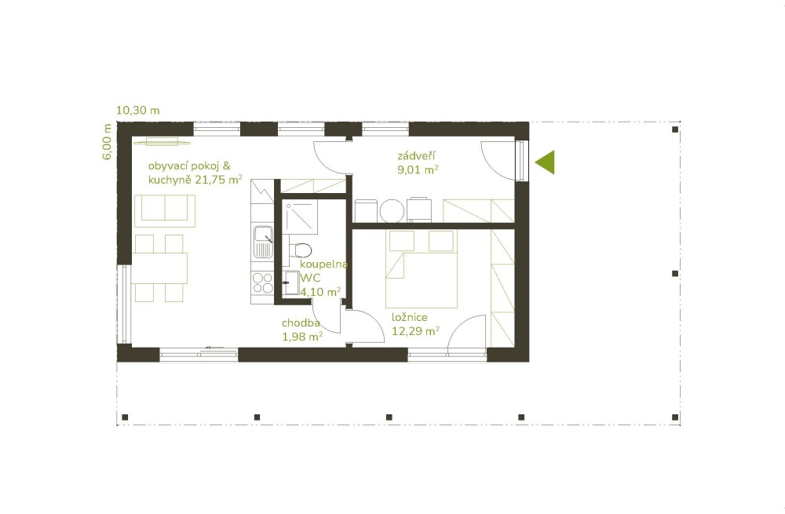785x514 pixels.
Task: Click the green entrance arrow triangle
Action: pos(547,162)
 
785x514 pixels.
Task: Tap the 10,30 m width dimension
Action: pos(137,110)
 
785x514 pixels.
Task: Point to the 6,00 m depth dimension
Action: pos(107,141)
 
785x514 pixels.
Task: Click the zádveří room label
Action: pos(417,155)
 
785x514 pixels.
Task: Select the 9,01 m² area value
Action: pos(418,170)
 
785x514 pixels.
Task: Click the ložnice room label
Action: pos(410,317)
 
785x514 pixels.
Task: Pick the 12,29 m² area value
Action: pos(415,331)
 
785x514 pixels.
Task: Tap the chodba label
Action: pos(301,323)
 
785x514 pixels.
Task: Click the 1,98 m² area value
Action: pos(302,337)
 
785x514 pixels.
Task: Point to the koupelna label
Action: pos(323,264)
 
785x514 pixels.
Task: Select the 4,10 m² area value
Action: pos(320,291)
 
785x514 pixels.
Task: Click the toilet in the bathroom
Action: pos(301,250)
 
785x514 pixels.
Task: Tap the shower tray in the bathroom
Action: pos(299,217)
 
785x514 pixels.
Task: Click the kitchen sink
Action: pos(263,242)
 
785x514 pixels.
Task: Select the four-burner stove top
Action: pos(262,283)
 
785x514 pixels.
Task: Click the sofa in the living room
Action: pos(165,211)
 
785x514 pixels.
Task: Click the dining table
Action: pos(159,268)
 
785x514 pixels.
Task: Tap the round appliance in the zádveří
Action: pos(392,211)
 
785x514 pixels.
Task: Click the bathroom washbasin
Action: pos(291,283)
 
